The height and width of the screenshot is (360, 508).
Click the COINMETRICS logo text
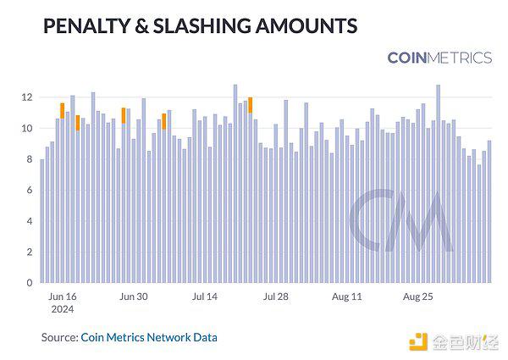tap(439, 58)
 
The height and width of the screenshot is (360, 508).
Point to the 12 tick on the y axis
tap(27, 97)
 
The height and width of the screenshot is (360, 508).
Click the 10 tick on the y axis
tap(27, 129)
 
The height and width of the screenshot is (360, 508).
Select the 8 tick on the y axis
tap(30, 159)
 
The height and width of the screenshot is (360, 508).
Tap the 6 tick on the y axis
tap(30, 191)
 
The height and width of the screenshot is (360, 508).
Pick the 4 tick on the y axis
tap(30, 221)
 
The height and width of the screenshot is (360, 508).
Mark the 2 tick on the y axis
tap(30, 252)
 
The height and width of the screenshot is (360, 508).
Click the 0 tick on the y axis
tap(30, 283)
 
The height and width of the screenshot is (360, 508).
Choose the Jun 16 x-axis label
tap(63, 297)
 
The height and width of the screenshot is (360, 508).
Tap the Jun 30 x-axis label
tap(134, 297)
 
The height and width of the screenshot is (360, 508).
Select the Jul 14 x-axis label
tap(206, 297)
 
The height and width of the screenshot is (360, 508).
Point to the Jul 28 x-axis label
tap(276, 297)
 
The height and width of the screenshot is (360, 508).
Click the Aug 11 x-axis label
tap(347, 297)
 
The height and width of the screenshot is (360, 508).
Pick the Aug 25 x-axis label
tap(418, 297)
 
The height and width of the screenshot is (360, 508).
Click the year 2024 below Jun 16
tap(63, 310)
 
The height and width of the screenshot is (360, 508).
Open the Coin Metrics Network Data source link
tap(149, 337)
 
